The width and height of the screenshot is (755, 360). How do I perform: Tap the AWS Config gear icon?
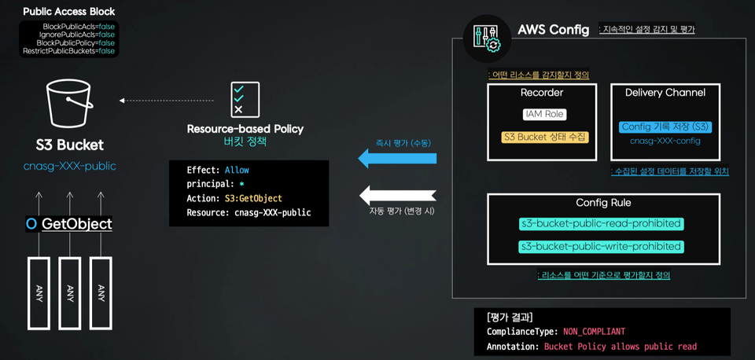click(x=487, y=39)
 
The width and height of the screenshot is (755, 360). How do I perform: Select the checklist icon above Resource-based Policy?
click(x=245, y=100)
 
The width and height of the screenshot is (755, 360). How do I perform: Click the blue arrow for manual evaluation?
click(x=397, y=158)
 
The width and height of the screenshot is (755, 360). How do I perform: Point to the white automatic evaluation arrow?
click(x=397, y=194)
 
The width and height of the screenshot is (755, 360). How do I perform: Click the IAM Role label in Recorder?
click(x=544, y=115)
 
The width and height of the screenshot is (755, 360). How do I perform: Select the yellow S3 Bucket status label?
click(x=544, y=137)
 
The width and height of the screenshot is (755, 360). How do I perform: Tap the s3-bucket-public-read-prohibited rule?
click(x=602, y=224)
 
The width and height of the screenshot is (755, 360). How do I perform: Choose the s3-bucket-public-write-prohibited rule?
click(x=602, y=246)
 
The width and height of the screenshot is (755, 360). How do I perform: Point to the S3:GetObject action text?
click(x=253, y=198)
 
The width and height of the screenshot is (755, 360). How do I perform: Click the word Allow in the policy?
click(x=237, y=171)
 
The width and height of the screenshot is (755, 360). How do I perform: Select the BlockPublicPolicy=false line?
click(x=75, y=42)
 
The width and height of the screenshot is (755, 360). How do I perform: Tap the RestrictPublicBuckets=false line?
click(x=69, y=50)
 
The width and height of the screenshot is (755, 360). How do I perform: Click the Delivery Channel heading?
click(x=665, y=93)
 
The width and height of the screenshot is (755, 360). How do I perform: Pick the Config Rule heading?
click(x=603, y=203)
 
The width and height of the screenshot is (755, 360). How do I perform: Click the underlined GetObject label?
click(x=77, y=224)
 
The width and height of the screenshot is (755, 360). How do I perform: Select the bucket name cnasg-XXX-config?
click(x=665, y=141)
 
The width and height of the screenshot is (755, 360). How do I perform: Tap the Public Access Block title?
click(x=69, y=11)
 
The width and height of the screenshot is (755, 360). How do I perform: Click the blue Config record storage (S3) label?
click(x=665, y=127)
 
